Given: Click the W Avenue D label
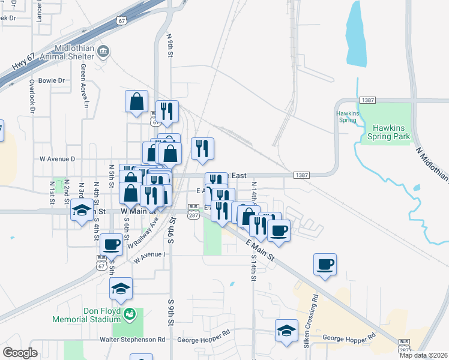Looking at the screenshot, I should (57, 159).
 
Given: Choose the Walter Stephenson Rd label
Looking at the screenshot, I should (133, 340).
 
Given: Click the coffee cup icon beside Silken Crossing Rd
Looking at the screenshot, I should (325, 264).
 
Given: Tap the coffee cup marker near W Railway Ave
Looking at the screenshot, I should (111, 245).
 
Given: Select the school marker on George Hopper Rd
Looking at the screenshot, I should (286, 331).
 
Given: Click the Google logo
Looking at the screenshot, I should (20, 353).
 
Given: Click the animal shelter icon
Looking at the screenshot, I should (104, 50).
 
